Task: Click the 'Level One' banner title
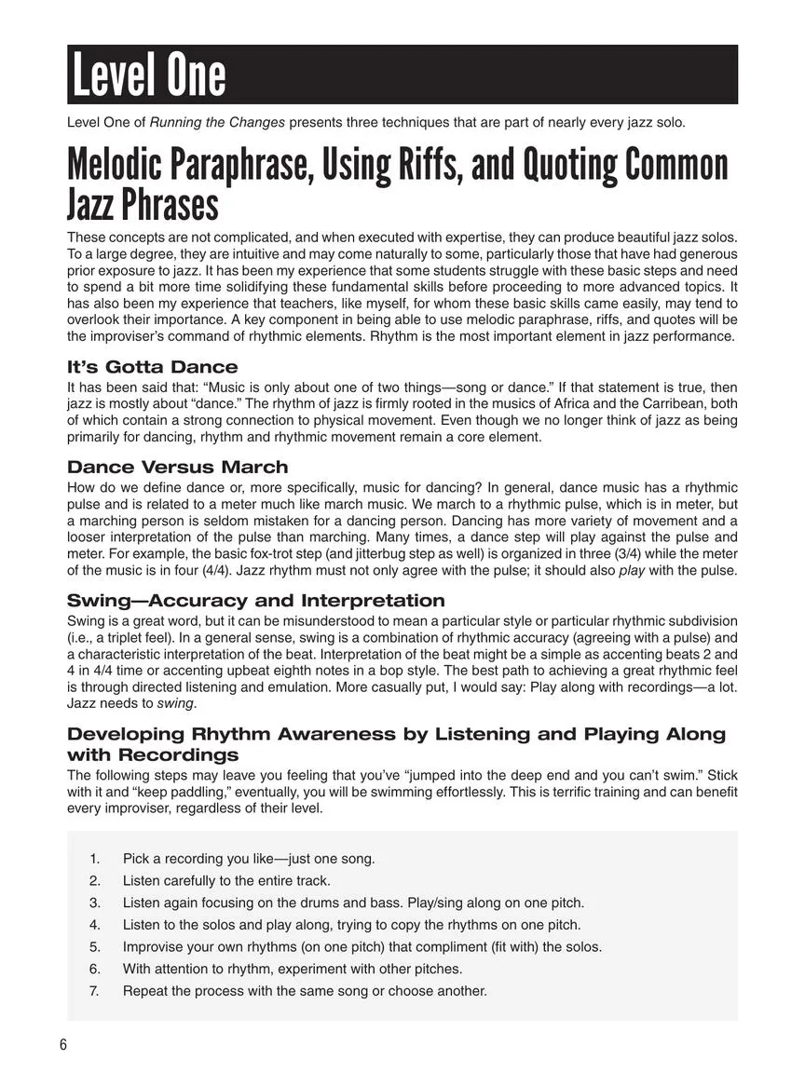pyautogui.click(x=147, y=75)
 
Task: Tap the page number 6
pyautogui.click(x=63, y=1044)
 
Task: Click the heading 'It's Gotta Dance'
pyautogui.click(x=152, y=367)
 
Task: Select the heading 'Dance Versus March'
pyautogui.click(x=177, y=467)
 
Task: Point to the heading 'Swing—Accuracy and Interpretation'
pyautogui.click(x=255, y=600)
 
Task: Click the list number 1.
pyautogui.click(x=95, y=858)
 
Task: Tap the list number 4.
pyautogui.click(x=95, y=924)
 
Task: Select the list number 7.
pyautogui.click(x=95, y=990)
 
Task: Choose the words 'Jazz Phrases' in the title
pyautogui.click(x=143, y=203)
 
